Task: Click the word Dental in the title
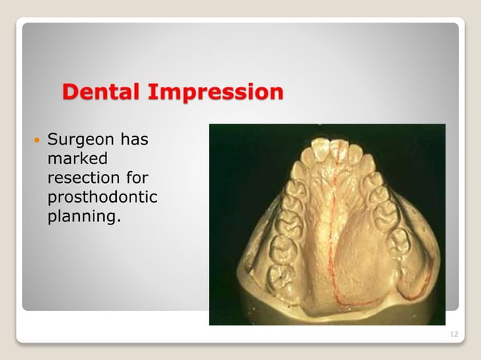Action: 103,93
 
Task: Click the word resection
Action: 78,178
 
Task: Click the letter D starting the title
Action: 71,93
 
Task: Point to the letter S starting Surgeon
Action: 52,140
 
